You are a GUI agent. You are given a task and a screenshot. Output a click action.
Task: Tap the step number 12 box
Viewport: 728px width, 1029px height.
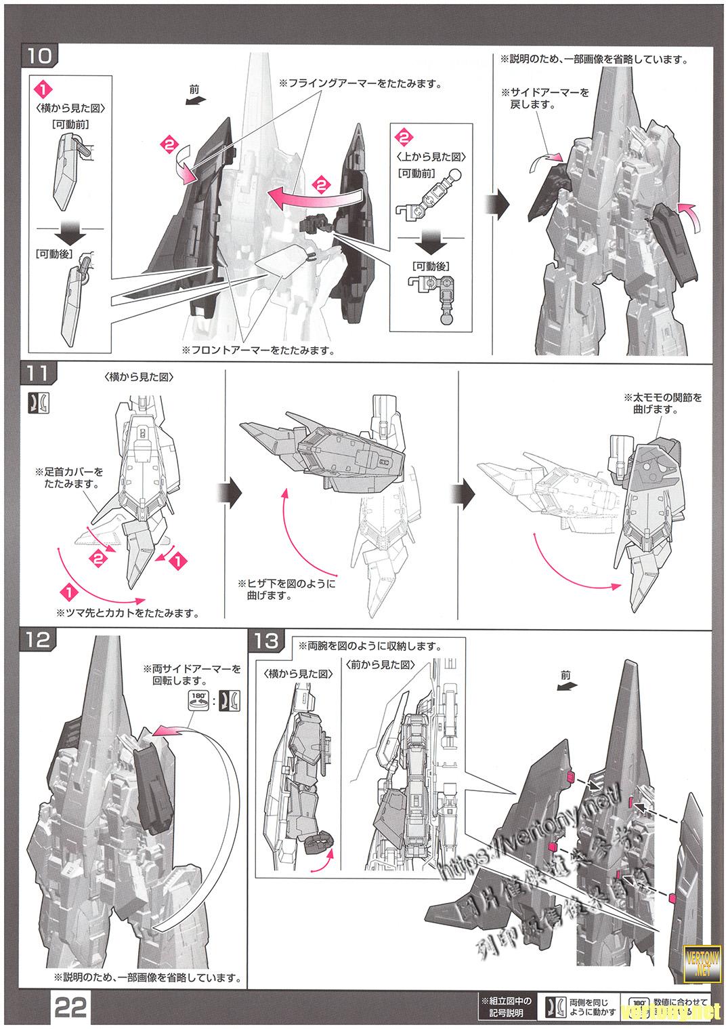[x=39, y=639]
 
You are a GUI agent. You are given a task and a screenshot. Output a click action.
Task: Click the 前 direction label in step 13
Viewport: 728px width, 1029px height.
[x=566, y=676]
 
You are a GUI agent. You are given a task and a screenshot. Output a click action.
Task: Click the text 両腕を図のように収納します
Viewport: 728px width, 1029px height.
[x=368, y=646]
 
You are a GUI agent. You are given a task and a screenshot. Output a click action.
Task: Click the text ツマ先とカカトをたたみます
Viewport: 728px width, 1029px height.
[x=129, y=613]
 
